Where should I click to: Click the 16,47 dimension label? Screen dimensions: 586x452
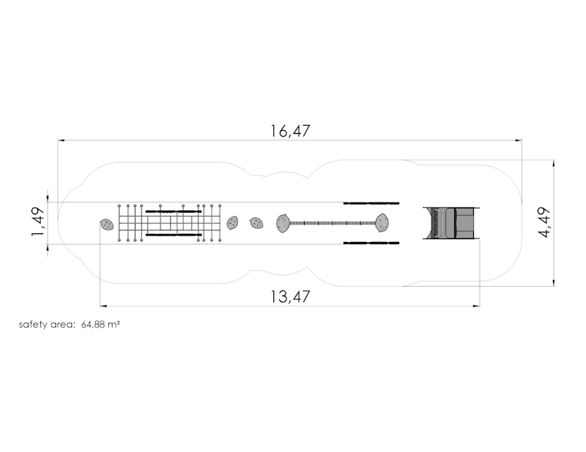(290, 131)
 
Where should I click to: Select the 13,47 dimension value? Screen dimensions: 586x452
(290, 297)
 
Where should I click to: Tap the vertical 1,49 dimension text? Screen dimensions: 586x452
(38, 222)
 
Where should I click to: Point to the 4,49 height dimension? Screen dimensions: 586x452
(544, 222)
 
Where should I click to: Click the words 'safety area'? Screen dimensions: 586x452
(47, 324)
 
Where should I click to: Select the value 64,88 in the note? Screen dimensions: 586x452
(93, 324)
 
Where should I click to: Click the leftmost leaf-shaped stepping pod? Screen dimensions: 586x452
(106, 225)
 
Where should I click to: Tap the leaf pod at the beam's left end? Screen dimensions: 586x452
(283, 223)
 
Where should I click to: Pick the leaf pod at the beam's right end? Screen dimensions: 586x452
(382, 223)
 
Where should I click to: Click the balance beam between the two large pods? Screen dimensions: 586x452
(333, 223)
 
